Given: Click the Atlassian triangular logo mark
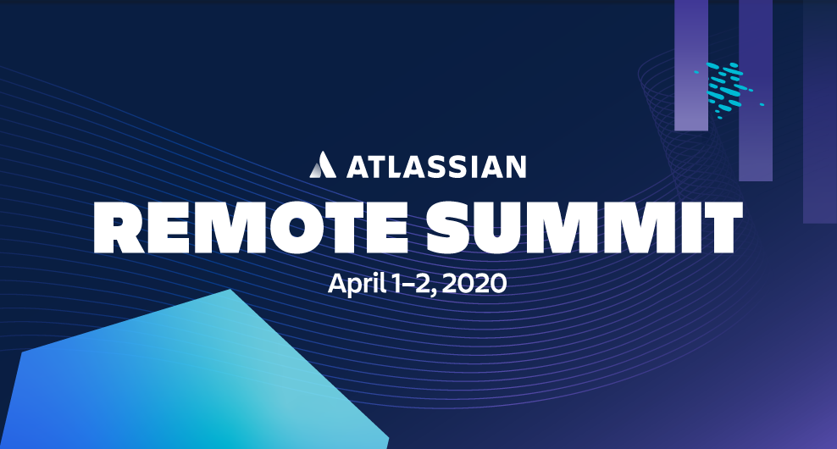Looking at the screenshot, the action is (x=323, y=164).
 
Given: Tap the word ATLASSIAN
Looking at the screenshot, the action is (x=436, y=166).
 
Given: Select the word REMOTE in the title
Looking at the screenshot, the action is (x=252, y=227).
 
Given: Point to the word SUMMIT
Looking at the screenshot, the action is (x=585, y=227).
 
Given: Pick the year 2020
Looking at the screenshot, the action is (x=474, y=283).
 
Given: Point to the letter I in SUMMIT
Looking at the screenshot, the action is (x=685, y=227).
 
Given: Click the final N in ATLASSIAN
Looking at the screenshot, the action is (x=516, y=167).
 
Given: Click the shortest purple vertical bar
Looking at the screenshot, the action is (x=691, y=65).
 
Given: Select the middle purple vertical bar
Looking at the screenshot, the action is (x=756, y=91).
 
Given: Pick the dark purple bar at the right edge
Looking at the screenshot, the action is (x=820, y=112).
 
